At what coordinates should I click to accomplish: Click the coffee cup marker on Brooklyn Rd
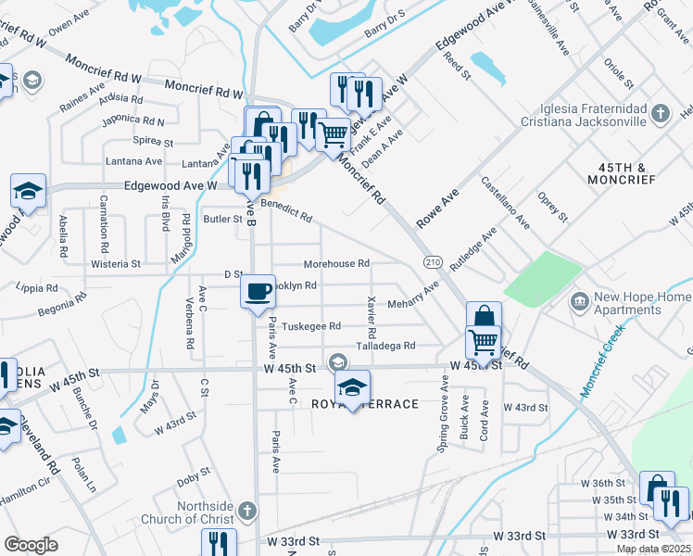tap(258, 291)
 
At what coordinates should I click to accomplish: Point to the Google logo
tap(31, 545)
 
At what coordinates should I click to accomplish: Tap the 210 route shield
tap(433, 262)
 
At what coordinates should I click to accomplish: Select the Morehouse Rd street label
tap(336, 263)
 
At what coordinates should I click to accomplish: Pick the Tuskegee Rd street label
tap(311, 326)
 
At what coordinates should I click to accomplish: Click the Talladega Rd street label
tap(386, 345)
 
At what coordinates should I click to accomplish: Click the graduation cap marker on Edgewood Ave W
tap(28, 193)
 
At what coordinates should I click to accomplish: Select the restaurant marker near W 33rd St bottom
tap(219, 543)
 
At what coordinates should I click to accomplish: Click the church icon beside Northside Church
tap(246, 510)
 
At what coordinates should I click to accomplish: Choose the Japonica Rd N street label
tap(134, 120)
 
